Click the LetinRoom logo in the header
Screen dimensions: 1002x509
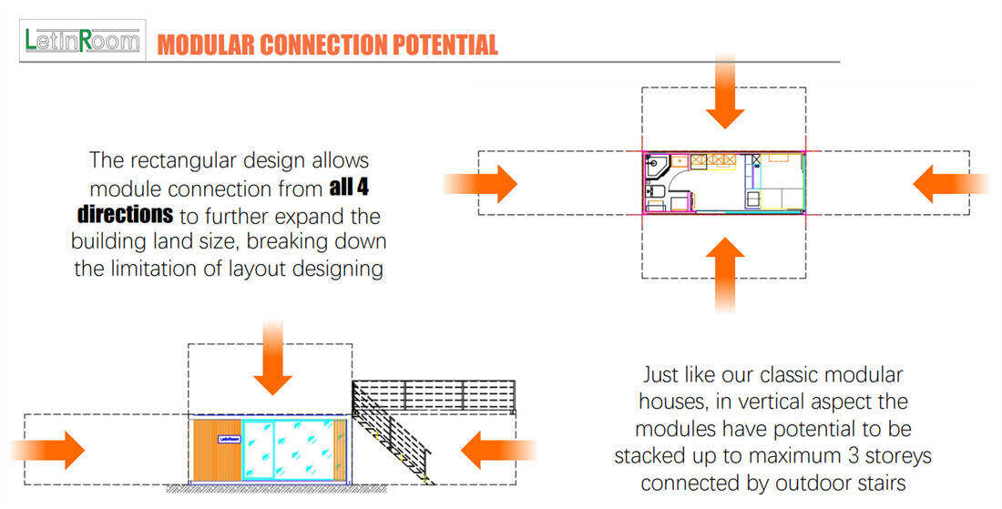(82, 41)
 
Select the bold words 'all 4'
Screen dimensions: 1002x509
(349, 188)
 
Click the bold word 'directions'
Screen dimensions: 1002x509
(126, 215)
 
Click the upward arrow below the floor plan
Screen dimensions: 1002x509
(725, 275)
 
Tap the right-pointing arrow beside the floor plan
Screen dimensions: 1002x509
(480, 184)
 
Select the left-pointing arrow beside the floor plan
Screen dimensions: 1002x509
(951, 184)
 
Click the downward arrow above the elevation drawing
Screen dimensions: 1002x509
(273, 358)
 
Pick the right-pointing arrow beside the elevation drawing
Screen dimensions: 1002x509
(48, 450)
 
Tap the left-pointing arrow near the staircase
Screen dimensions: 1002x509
(497, 450)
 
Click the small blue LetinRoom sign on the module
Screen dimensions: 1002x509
(229, 440)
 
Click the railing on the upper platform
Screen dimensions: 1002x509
(434, 395)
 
